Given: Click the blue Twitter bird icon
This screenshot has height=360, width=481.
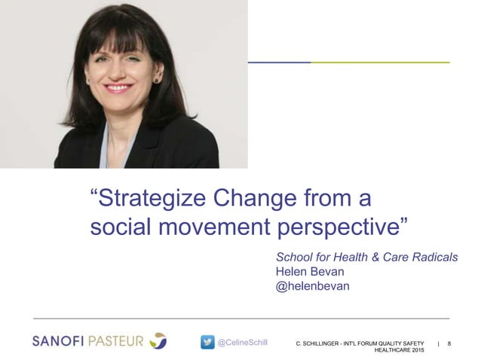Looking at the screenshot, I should [207, 342].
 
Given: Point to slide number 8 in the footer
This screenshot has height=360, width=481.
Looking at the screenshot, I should [449, 343].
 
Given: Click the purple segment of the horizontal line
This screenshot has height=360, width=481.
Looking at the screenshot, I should [280, 62].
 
